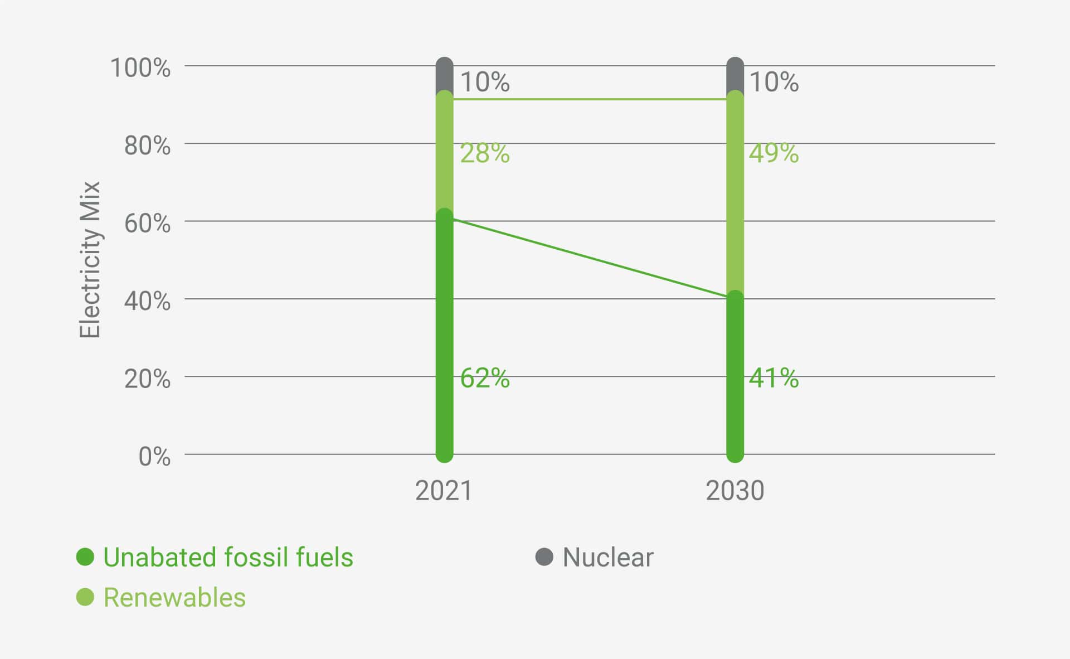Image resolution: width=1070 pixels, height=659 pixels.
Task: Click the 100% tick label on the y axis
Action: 140,68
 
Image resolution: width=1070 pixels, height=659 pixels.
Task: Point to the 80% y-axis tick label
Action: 147,146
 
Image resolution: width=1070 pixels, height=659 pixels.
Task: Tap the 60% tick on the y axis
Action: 147,224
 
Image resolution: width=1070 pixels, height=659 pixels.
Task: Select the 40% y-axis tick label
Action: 147,301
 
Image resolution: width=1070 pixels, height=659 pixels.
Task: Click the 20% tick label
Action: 147,379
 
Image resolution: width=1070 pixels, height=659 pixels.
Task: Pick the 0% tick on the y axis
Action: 154,457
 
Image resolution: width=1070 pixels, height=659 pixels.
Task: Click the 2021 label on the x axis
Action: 444,491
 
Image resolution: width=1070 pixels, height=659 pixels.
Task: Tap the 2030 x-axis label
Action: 735,491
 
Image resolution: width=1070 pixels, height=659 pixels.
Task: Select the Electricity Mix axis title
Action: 89,259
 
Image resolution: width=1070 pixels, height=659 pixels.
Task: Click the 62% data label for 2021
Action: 484,378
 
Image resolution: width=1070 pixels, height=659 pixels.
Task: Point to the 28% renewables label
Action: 484,153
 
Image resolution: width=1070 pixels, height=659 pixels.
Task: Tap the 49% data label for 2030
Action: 774,153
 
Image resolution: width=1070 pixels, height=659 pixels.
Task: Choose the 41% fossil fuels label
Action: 774,378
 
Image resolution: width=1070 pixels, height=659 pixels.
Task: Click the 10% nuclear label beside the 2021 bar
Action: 484,82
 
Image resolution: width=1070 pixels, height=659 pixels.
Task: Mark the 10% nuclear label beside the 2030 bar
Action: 774,82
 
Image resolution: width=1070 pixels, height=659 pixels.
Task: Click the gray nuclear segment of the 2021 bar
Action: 444,75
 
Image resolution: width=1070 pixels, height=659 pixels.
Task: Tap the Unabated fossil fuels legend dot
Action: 85,557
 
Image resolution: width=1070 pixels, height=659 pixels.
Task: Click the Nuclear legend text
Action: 607,557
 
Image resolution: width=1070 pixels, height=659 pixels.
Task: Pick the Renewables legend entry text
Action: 174,597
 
